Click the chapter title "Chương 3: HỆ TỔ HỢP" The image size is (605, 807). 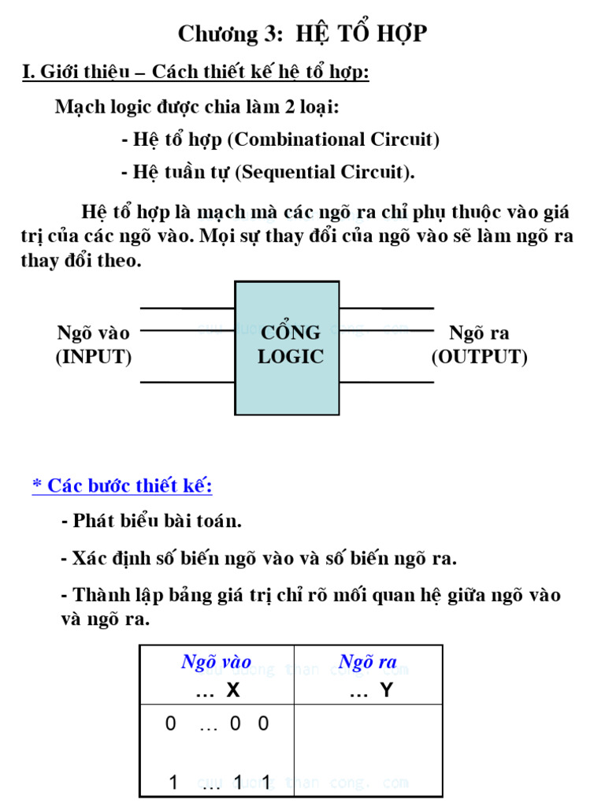[x=302, y=34]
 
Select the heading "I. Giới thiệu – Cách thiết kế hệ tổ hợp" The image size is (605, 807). [x=195, y=73]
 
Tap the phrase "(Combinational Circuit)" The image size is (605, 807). [x=333, y=139]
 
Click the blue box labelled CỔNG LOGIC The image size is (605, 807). [x=288, y=347]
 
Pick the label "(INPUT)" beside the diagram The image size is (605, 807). [x=93, y=357]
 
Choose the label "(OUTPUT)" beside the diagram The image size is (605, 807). [x=479, y=357]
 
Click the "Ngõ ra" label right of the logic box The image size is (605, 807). [x=479, y=333]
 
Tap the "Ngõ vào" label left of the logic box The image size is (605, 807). [x=93, y=333]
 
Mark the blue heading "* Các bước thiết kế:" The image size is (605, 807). [x=122, y=485]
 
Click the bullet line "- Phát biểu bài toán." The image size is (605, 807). [x=151, y=521]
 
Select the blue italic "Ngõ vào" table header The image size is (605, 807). [x=216, y=662]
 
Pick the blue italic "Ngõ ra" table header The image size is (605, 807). [x=367, y=662]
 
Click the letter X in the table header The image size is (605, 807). [x=232, y=690]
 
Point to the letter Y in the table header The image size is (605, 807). [x=386, y=690]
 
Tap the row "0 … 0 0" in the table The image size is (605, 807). [x=217, y=723]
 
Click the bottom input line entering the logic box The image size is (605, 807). [x=187, y=382]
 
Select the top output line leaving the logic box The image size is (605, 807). [x=386, y=308]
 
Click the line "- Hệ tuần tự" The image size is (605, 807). [x=268, y=172]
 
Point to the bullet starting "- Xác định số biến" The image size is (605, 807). [x=258, y=559]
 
